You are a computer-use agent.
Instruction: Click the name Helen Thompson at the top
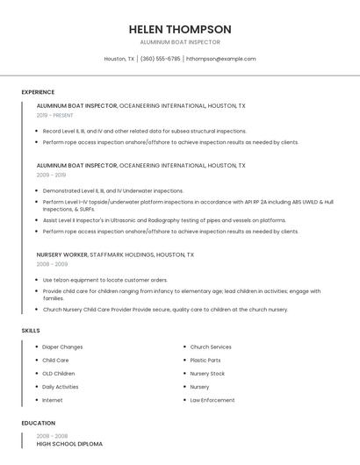click(179, 29)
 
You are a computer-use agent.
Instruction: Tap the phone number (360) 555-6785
click(161, 59)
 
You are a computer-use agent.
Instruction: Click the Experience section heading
click(38, 92)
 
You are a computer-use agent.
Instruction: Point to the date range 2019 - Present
click(55, 115)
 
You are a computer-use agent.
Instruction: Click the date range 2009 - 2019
click(51, 175)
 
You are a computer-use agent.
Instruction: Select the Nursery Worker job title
click(62, 254)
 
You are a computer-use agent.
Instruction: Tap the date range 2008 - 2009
click(52, 264)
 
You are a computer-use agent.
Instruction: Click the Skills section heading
click(31, 330)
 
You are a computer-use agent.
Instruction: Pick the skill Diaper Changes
click(62, 347)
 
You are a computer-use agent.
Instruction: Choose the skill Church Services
click(211, 347)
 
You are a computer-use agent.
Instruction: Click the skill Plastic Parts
click(205, 360)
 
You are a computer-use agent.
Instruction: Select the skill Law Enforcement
click(212, 400)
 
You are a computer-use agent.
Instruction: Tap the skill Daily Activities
click(61, 387)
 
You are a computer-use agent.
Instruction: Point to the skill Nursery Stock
click(207, 374)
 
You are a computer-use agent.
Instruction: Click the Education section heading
click(38, 423)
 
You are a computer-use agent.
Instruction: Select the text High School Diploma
click(69, 444)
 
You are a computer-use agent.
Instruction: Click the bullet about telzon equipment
click(104, 280)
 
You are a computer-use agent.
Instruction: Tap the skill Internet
click(53, 400)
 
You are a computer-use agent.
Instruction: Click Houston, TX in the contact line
click(119, 59)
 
